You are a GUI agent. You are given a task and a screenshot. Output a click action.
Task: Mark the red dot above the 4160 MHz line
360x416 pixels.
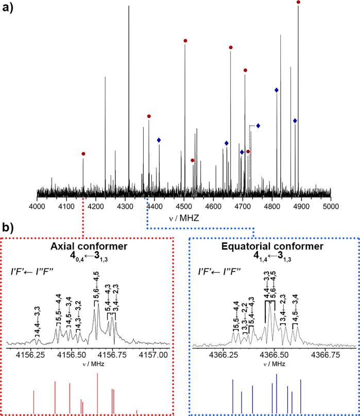(83, 154)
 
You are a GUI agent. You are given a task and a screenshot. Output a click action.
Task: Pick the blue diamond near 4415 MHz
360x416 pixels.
(159, 140)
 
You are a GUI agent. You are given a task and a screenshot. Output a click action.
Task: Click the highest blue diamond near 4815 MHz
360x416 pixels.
(277, 90)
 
